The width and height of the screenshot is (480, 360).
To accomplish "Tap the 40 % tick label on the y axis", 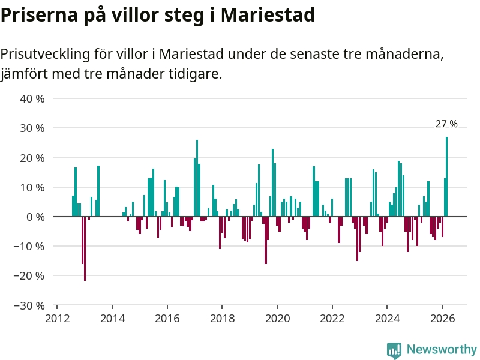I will coord(32,98).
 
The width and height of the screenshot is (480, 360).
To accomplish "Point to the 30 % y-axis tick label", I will coord(32,128).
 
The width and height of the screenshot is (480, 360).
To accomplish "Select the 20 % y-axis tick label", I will coord(32,158).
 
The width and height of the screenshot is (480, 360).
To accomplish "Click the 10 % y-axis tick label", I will coord(32,187).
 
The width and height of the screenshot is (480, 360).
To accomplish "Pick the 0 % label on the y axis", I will coord(35,217).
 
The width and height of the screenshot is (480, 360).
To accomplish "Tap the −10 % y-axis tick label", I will coord(29,246).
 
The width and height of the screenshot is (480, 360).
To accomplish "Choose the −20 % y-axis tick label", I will coord(29,275).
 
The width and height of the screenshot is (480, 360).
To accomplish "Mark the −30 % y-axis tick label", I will coord(29,305).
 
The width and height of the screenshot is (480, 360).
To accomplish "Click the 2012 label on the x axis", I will coord(57,318).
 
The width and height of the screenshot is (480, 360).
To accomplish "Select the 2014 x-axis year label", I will coord(112,318).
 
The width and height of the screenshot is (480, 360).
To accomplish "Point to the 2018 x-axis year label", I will coord(222,318).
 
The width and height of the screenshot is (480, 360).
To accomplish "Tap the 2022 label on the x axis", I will coord(332,318).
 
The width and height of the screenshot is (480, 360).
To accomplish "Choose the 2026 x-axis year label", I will coord(442,318).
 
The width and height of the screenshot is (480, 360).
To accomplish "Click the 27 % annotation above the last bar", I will coord(446,124).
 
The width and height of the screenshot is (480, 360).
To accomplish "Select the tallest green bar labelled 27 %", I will coord(446,177).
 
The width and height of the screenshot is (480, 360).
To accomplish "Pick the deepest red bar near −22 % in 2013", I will coord(85,248).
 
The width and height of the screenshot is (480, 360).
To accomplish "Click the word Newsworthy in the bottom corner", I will coord(442,350).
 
